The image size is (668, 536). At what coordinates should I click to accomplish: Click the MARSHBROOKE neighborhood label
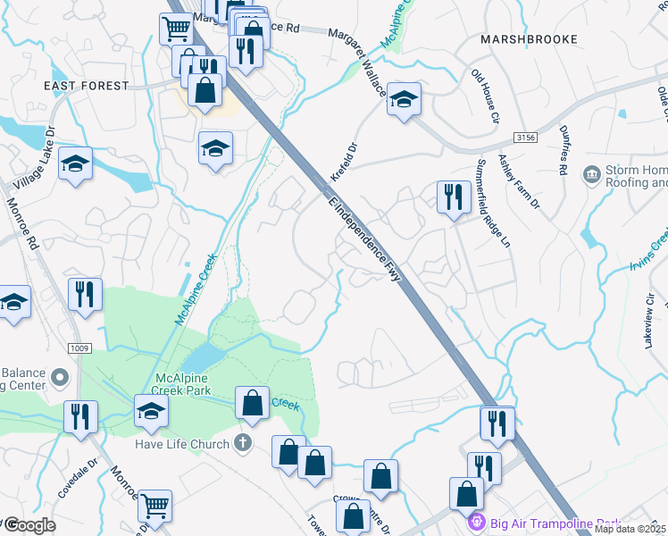tap(529, 39)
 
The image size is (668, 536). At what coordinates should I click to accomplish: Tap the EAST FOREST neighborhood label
tap(87, 86)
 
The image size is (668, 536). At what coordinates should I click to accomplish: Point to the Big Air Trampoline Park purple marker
tap(476, 522)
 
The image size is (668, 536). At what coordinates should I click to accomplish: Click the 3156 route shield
tap(526, 137)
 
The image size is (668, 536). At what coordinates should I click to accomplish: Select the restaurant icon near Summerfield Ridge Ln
tap(454, 197)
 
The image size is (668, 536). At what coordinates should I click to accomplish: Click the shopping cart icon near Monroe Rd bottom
tap(155, 506)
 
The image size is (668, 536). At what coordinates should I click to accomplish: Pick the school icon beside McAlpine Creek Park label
tap(152, 411)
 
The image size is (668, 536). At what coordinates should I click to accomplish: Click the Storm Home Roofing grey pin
tap(591, 172)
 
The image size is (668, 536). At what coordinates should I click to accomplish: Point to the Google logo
tap(29, 525)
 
